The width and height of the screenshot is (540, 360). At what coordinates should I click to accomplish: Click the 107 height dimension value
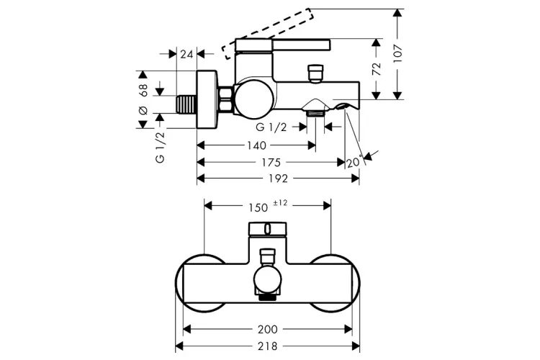click(x=398, y=53)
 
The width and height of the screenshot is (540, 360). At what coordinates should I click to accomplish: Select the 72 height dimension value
click(x=377, y=69)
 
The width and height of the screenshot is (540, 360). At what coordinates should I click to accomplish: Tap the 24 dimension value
click(x=186, y=54)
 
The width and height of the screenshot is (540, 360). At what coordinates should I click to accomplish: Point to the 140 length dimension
click(x=256, y=145)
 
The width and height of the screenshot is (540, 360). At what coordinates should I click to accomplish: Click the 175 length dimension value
click(x=271, y=162)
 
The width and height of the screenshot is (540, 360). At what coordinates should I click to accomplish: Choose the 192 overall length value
click(x=278, y=179)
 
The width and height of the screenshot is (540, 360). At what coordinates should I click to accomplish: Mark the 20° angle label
click(x=355, y=161)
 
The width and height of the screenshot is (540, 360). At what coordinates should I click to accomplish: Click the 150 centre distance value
click(x=258, y=207)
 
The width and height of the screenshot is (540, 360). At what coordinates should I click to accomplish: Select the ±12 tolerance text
click(x=280, y=203)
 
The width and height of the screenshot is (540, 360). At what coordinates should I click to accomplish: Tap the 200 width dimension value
click(x=268, y=329)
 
